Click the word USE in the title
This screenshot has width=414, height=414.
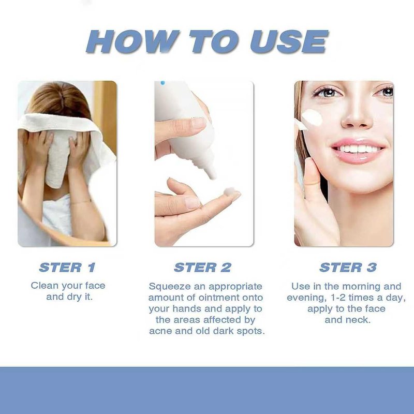pyautogui.click(x=289, y=42)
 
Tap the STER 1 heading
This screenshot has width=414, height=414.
pyautogui.click(x=67, y=268)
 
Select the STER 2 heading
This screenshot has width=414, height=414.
pyautogui.click(x=202, y=268)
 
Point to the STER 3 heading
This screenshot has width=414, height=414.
pyautogui.click(x=348, y=268)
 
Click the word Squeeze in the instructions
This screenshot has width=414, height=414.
pyautogui.click(x=170, y=287)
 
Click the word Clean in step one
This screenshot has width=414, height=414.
pyautogui.click(x=44, y=286)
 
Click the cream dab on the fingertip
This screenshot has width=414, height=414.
pyautogui.click(x=229, y=191)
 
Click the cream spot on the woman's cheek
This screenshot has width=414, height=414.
pyautogui.click(x=312, y=117)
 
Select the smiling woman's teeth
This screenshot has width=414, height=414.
pyautogui.click(x=358, y=149)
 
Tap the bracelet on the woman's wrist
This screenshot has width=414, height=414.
pyautogui.click(x=81, y=202)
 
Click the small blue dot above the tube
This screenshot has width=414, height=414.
pyautogui.click(x=162, y=83)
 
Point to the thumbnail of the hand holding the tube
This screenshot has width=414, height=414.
pyautogui.click(x=198, y=123)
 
